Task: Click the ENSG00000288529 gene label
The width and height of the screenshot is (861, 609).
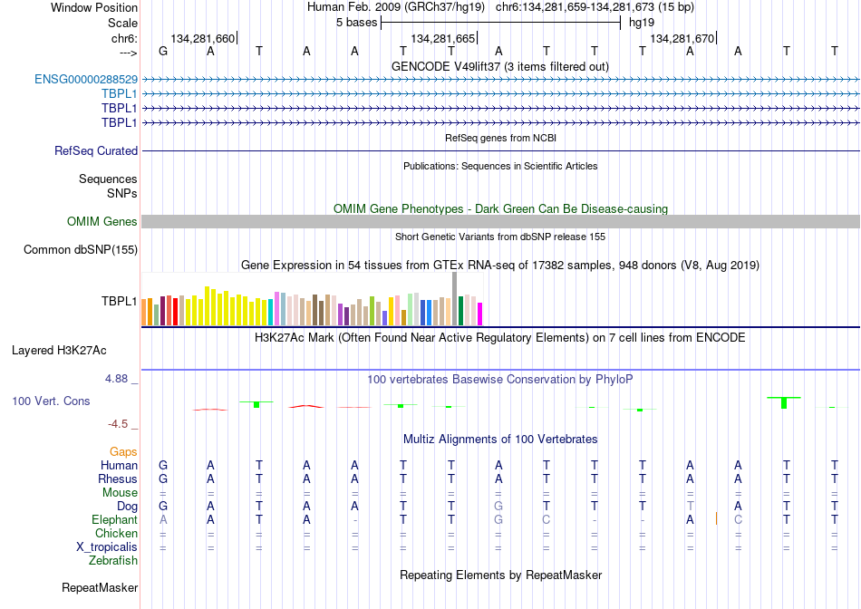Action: coord(86,80)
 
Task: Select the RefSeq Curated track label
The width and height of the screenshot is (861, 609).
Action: coord(96,151)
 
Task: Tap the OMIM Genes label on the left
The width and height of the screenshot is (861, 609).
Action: coord(102,221)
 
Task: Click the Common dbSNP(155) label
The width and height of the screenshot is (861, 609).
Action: coord(81,250)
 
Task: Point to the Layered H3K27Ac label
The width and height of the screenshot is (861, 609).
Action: coord(59,351)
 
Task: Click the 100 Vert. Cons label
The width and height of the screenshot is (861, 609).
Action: coord(51,401)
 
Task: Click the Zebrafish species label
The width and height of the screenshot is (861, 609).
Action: coord(113,561)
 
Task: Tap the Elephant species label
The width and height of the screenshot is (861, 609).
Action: coord(115,519)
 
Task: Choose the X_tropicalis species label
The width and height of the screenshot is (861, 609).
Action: coord(107,547)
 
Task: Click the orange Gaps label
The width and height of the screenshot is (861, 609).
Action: coord(123,451)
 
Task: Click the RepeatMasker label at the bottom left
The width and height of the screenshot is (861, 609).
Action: coord(100,587)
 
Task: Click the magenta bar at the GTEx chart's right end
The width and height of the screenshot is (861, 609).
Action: coord(480,314)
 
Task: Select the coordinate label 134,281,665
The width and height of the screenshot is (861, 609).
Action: coord(442,38)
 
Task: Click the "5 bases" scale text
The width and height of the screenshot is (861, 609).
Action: coord(357,23)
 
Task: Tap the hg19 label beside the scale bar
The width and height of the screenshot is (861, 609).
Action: coord(642,23)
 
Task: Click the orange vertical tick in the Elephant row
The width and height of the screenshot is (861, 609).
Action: coord(716,518)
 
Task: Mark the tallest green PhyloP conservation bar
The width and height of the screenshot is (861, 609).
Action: coord(784,402)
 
